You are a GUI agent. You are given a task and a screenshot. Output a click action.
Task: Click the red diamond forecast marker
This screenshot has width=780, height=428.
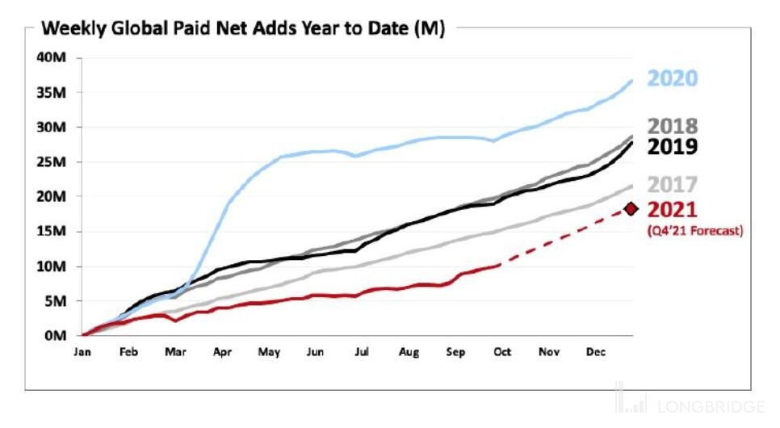(631, 210)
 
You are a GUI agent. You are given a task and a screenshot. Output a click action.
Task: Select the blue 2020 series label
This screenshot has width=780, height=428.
(673, 78)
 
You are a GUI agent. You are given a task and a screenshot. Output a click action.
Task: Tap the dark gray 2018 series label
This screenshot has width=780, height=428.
(673, 127)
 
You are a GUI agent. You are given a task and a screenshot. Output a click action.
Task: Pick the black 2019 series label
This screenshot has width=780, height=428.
(673, 147)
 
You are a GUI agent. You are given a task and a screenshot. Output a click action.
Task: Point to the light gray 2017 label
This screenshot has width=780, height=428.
(673, 185)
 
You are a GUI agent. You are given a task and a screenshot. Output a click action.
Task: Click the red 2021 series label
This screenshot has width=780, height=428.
(673, 210)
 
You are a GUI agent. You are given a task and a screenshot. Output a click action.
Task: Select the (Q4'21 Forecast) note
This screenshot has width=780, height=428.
(694, 231)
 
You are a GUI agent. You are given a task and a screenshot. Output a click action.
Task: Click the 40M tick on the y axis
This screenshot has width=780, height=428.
(52, 58)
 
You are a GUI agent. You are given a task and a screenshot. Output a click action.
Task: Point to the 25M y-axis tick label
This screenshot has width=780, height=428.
(52, 162)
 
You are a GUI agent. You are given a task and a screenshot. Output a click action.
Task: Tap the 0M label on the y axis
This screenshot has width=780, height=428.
(56, 335)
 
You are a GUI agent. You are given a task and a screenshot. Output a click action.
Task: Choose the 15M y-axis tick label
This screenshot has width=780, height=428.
(52, 232)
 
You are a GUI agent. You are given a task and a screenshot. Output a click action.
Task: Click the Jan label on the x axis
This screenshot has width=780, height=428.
(82, 352)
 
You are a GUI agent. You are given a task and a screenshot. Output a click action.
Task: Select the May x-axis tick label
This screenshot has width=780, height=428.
(268, 352)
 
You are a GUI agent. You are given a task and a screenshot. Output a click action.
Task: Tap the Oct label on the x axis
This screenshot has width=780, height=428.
(501, 352)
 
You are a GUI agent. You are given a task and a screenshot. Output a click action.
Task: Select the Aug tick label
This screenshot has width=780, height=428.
(409, 352)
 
